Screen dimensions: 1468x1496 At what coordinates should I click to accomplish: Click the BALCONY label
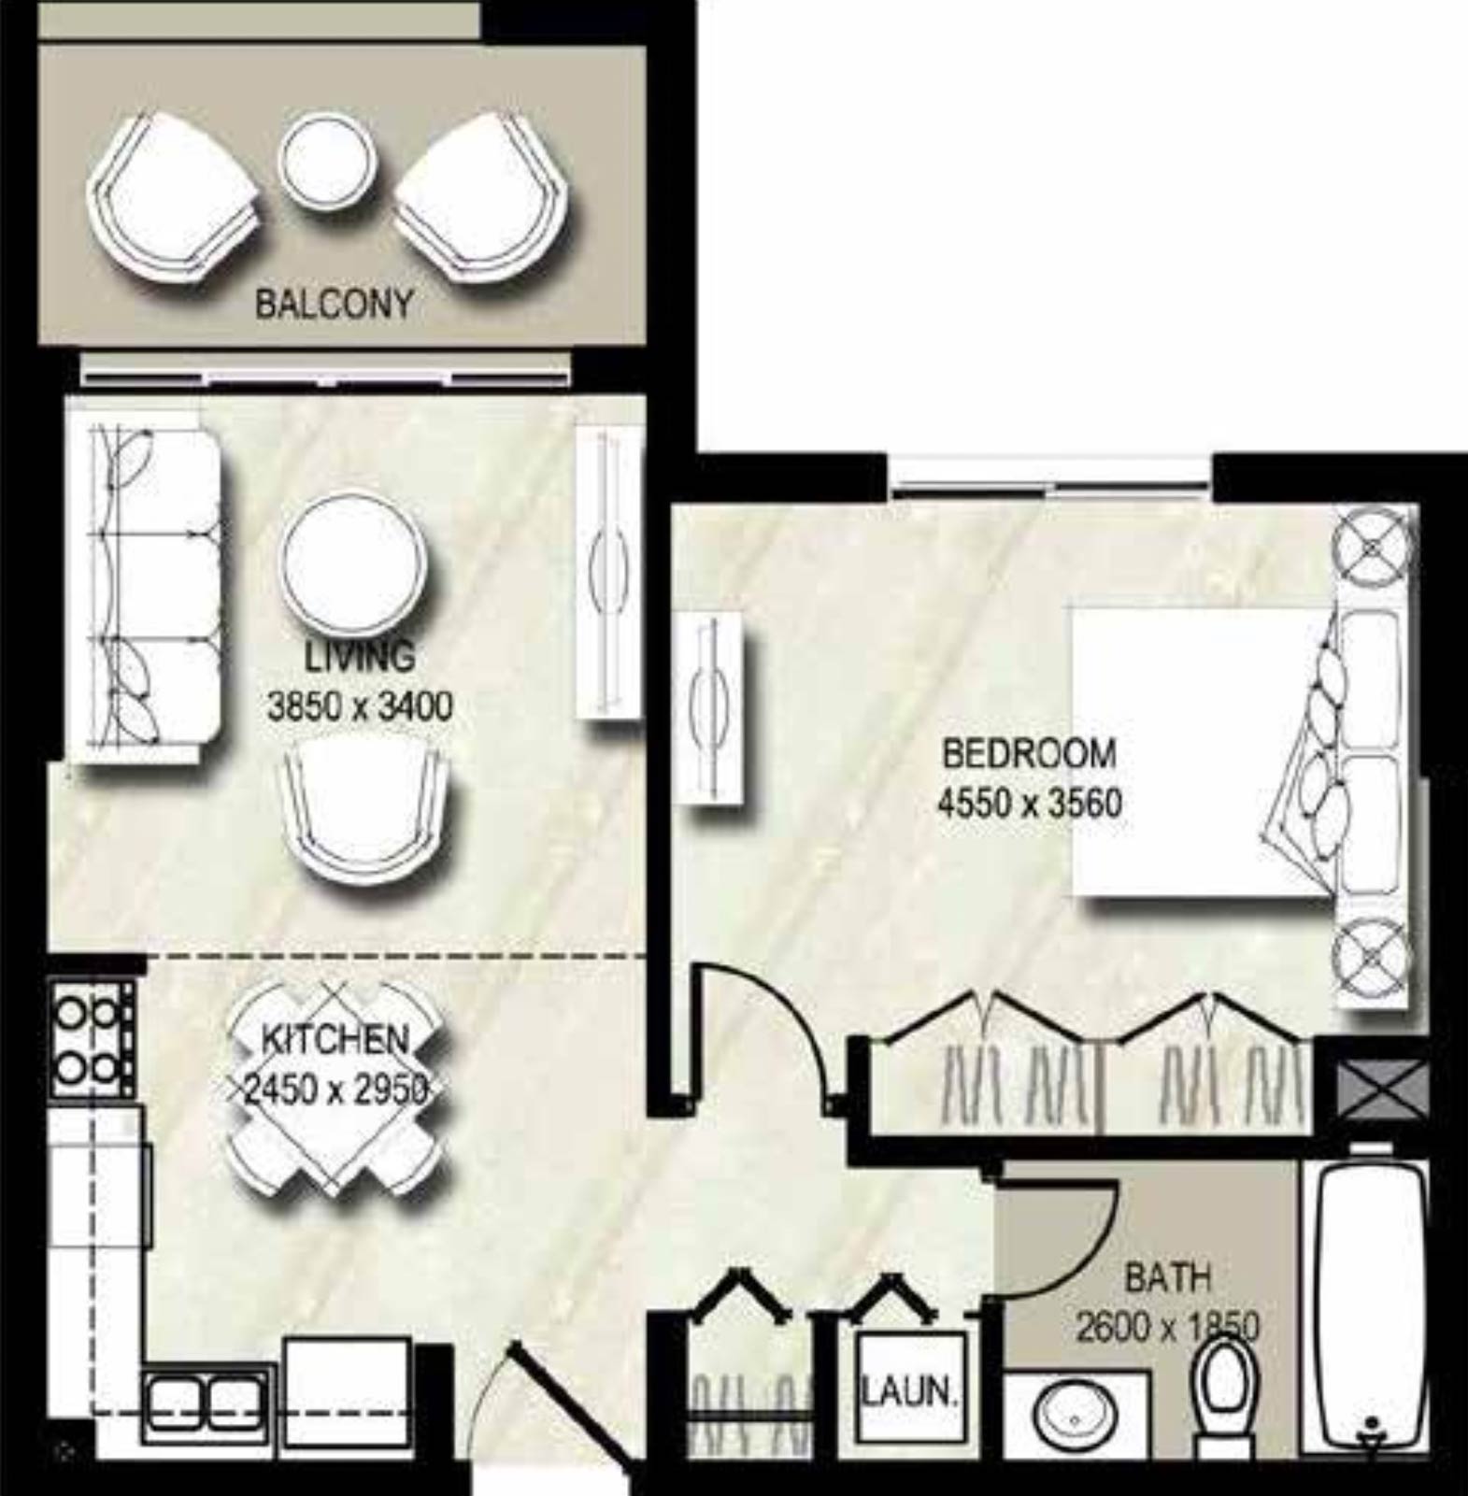[333, 305]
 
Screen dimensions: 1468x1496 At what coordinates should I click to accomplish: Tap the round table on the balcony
[328, 163]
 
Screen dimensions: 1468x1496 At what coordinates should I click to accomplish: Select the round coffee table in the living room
[353, 564]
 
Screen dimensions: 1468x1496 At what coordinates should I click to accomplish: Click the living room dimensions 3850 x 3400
[360, 705]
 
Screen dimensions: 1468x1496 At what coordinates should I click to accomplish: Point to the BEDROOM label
[1029, 753]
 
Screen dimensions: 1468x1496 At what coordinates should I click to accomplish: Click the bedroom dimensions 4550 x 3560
[1029, 803]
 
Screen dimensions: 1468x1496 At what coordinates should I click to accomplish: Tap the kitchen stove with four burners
[91, 1038]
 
